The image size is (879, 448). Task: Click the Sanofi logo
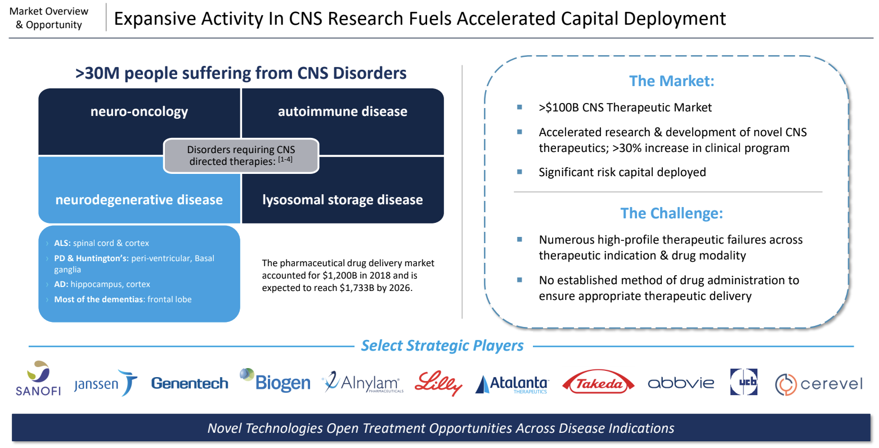pos(38,378)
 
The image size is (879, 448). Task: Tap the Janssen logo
pos(106,383)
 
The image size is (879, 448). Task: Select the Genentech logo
pos(190,383)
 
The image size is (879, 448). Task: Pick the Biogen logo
pos(275,380)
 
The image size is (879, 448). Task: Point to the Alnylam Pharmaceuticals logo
pos(362,382)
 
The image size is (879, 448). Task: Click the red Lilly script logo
pos(438,383)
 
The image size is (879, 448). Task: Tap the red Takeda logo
pos(598,382)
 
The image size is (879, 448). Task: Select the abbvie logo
pos(681,383)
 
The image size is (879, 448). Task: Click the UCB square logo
pos(743,382)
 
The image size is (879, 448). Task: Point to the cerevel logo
pos(819,384)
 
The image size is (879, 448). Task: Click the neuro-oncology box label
pos(140,112)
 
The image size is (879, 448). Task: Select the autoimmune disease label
pos(343,111)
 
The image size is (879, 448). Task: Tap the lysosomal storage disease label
pos(343,200)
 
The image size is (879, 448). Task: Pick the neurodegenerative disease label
pos(139,200)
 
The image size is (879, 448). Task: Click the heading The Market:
pos(672,81)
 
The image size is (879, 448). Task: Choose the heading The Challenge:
pos(671,213)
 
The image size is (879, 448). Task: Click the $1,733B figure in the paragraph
pos(357,288)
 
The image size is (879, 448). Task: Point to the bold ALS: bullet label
pos(62,243)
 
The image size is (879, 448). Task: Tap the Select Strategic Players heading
pos(442,346)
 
